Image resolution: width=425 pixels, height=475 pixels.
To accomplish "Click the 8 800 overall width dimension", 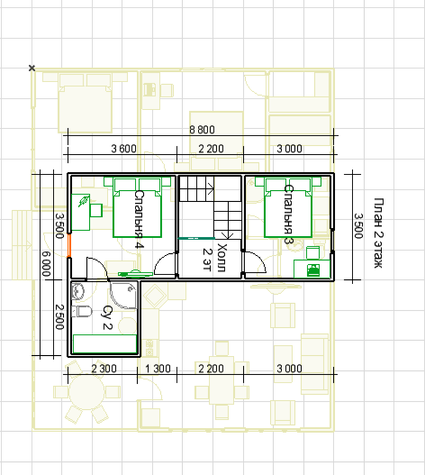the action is (202, 130).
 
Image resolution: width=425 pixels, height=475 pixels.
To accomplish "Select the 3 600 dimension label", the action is (123, 149).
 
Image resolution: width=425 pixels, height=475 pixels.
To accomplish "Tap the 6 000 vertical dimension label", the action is (46, 264).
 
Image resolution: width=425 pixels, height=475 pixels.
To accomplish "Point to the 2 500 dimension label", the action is (59, 316).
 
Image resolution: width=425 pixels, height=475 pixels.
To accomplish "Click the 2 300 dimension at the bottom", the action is (104, 369).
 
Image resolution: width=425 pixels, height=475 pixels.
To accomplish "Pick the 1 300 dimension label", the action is (158, 369).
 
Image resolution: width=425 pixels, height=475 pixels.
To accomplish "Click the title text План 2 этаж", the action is (379, 233).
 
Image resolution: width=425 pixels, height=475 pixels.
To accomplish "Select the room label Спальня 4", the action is (139, 219).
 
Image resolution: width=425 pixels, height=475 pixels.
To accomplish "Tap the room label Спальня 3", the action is (288, 215).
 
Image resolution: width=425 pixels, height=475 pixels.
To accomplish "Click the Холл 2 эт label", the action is (214, 258).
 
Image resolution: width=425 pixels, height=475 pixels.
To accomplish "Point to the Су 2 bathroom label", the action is (107, 317).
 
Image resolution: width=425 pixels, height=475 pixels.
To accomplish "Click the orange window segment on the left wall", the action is (69, 245).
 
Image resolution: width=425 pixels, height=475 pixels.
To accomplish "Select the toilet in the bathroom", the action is (82, 312).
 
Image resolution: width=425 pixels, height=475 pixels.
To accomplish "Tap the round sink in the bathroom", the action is (78, 291).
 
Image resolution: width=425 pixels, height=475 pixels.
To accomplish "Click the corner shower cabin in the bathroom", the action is (124, 295).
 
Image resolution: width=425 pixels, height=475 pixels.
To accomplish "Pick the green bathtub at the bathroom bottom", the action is (104, 343).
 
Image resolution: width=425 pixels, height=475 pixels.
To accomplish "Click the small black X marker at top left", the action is (32, 68).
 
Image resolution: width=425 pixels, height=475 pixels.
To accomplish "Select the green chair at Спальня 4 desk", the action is (96, 210).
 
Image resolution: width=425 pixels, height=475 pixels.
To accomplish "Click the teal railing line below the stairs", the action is (197, 239).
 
